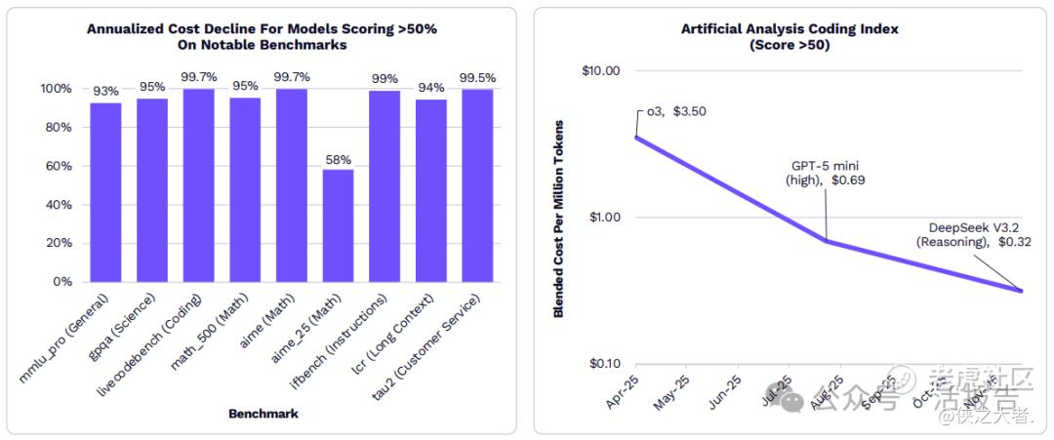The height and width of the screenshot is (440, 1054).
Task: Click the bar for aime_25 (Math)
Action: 339,225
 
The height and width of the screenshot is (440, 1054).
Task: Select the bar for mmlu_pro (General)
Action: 106,192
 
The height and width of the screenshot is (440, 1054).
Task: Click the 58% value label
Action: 339,159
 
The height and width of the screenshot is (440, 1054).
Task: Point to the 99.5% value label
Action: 477,78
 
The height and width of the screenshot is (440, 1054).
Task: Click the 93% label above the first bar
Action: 106,92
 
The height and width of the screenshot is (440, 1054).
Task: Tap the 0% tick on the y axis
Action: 61,282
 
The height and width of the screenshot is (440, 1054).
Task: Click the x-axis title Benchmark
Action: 263,414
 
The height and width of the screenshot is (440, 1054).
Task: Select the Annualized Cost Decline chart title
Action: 263,36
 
